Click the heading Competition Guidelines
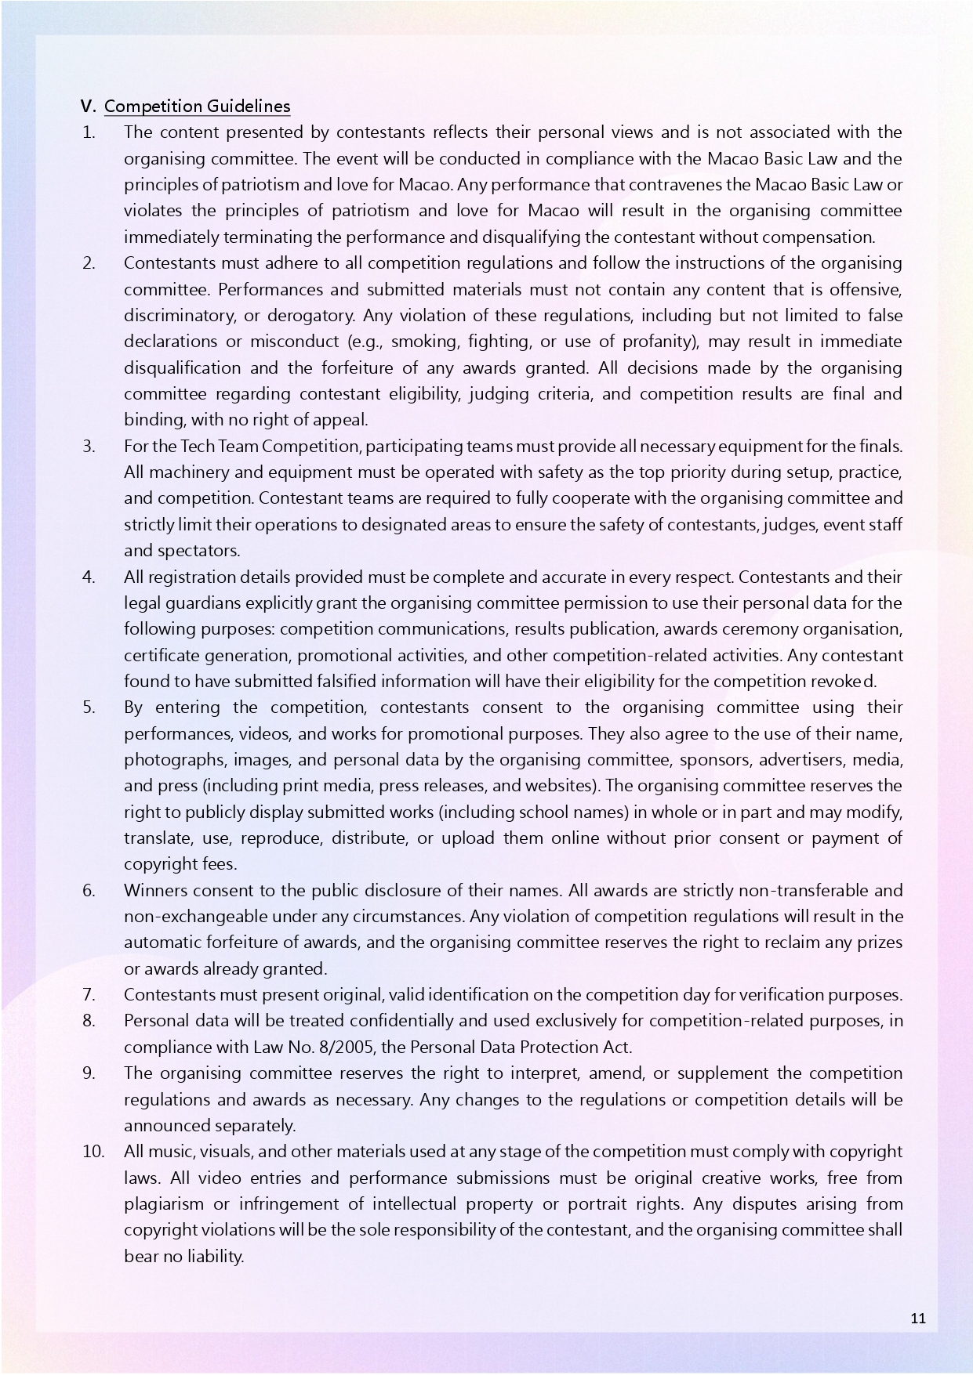point(197,107)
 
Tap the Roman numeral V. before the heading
point(88,107)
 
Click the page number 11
point(918,1318)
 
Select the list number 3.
point(89,447)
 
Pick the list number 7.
point(89,995)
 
